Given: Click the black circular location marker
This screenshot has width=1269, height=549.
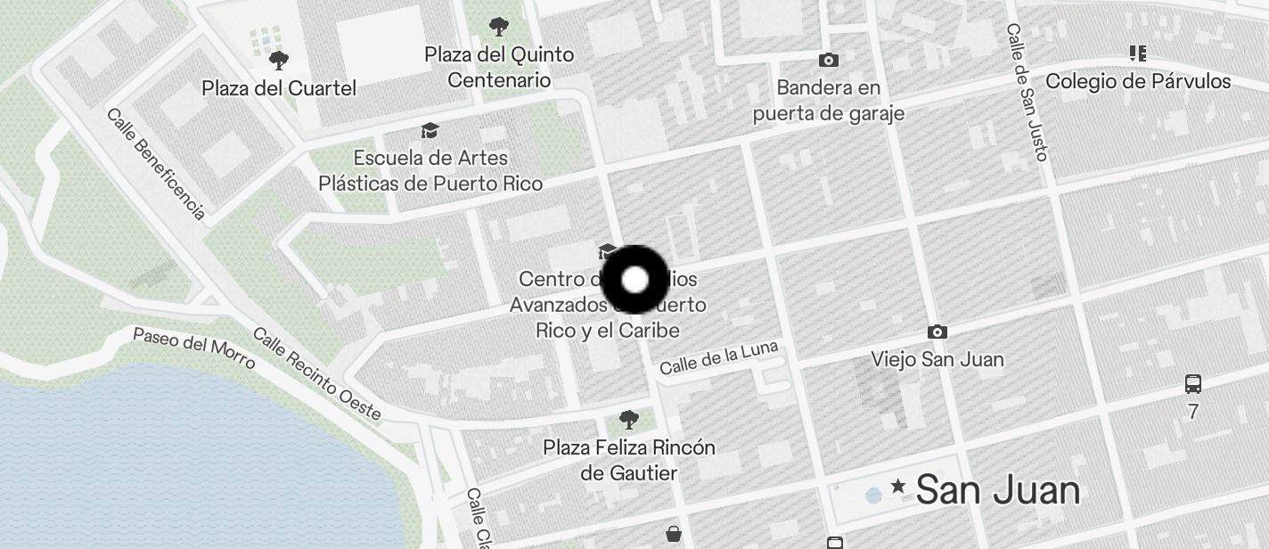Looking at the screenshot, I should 634,280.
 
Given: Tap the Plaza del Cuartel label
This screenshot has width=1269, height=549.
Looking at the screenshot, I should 279,88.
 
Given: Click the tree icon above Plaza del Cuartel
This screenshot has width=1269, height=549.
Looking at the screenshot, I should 279,61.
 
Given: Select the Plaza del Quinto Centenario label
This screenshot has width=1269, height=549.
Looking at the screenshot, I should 499,67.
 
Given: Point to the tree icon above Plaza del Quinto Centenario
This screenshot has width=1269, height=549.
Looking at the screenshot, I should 499,27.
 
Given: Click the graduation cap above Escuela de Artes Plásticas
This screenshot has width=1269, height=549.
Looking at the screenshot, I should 430,131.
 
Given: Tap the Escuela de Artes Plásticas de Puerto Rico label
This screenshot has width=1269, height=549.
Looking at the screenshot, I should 430,170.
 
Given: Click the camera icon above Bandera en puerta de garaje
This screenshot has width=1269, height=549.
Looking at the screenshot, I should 829,60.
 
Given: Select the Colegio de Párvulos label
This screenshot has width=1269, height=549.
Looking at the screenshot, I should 1138,81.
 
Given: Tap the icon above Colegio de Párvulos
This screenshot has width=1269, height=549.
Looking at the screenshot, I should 1137,53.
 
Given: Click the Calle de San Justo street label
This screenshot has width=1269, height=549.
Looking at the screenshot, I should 1026,92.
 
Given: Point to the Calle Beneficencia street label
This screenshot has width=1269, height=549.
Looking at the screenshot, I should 156,163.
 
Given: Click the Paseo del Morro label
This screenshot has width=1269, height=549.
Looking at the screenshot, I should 194,348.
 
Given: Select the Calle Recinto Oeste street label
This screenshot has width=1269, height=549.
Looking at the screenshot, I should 316,374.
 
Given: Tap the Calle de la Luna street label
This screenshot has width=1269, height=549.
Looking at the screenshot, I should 719,357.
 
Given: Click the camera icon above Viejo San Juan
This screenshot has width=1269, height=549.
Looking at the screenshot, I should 937,332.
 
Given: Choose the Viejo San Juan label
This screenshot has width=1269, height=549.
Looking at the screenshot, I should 937,359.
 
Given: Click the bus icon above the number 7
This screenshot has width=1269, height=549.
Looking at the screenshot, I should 1193,384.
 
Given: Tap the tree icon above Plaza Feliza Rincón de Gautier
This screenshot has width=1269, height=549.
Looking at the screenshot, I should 629,419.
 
